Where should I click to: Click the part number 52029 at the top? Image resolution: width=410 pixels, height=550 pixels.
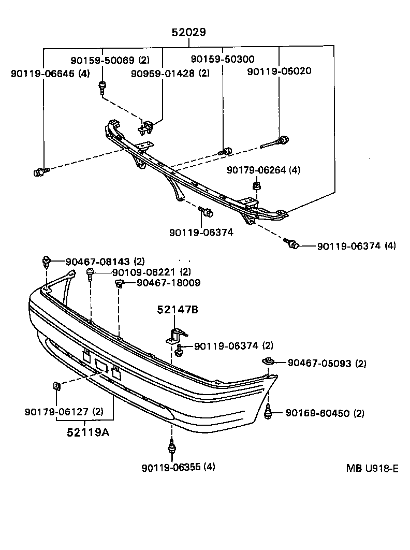189,33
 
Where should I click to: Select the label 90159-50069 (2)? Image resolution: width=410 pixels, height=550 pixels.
110,60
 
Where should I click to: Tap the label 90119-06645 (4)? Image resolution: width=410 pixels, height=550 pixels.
50,74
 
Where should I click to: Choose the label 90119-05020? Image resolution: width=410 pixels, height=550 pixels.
279,71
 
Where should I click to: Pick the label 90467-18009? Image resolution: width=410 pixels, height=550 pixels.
168,283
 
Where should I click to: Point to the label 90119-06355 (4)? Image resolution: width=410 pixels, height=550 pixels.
178,467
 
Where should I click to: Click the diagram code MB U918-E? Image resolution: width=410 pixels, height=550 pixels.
372,469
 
